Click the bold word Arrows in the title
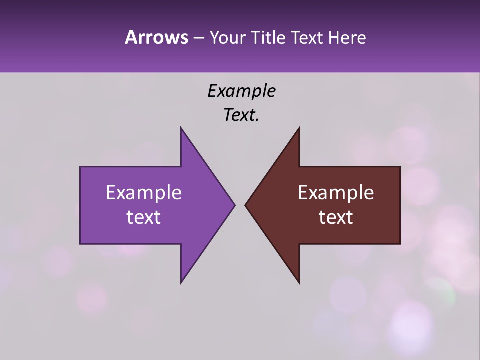click(x=156, y=37)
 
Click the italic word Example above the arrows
click(x=241, y=91)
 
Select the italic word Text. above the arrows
click(x=241, y=115)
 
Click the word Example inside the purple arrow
click(x=144, y=193)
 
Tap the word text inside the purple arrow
click(x=144, y=217)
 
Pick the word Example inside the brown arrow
click(x=336, y=193)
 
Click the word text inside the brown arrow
click(x=336, y=217)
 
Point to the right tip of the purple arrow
click(x=235, y=205)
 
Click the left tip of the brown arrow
click(x=245, y=205)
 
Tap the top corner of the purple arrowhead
click(x=181, y=127)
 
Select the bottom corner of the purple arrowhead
click(x=181, y=283)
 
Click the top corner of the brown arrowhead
click(x=299, y=127)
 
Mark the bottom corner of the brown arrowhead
click(x=299, y=283)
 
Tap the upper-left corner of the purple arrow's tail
click(x=80, y=167)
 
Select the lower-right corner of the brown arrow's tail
click(x=400, y=244)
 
